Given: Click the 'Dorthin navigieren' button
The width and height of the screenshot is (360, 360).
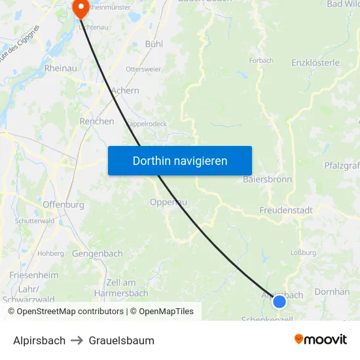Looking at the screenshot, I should [179, 160].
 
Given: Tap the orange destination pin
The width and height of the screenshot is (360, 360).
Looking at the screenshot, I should [81, 9].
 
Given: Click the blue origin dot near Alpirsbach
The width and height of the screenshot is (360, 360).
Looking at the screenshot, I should [279, 301].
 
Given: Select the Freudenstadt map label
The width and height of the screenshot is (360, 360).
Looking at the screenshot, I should [285, 210].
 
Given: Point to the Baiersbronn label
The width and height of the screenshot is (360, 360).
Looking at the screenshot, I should [267, 179].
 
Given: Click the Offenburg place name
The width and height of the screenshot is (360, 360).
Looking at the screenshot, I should [63, 204].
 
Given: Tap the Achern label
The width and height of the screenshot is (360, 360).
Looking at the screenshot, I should [125, 90].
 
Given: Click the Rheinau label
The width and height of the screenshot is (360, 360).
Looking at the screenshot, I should [61, 67].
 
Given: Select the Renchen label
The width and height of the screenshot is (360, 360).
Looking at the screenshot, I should [97, 121].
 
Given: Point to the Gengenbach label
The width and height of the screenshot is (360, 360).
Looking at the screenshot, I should [98, 253].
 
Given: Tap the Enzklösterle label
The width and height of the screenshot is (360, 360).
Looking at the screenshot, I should [315, 63].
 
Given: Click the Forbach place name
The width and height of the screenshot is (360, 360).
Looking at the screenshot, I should [261, 60].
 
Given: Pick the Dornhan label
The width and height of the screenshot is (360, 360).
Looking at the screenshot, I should [332, 291].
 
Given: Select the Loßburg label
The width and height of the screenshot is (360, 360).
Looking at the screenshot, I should [304, 252].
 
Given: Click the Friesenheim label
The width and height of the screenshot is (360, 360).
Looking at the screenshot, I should [33, 274].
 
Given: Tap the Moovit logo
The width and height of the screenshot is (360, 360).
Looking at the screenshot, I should [321, 339].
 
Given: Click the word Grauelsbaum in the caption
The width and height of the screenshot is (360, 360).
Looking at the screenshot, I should [122, 340].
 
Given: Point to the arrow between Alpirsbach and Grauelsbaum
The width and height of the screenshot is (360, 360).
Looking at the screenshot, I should [77, 340].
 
